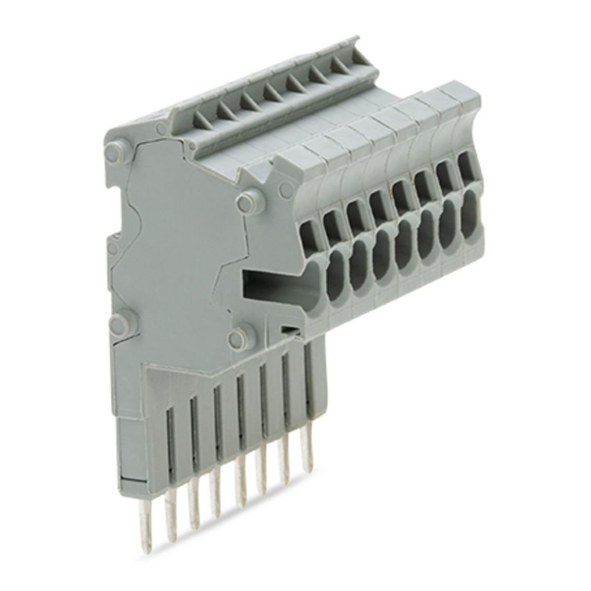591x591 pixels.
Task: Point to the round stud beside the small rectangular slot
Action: pyautogui.click(x=237, y=337)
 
